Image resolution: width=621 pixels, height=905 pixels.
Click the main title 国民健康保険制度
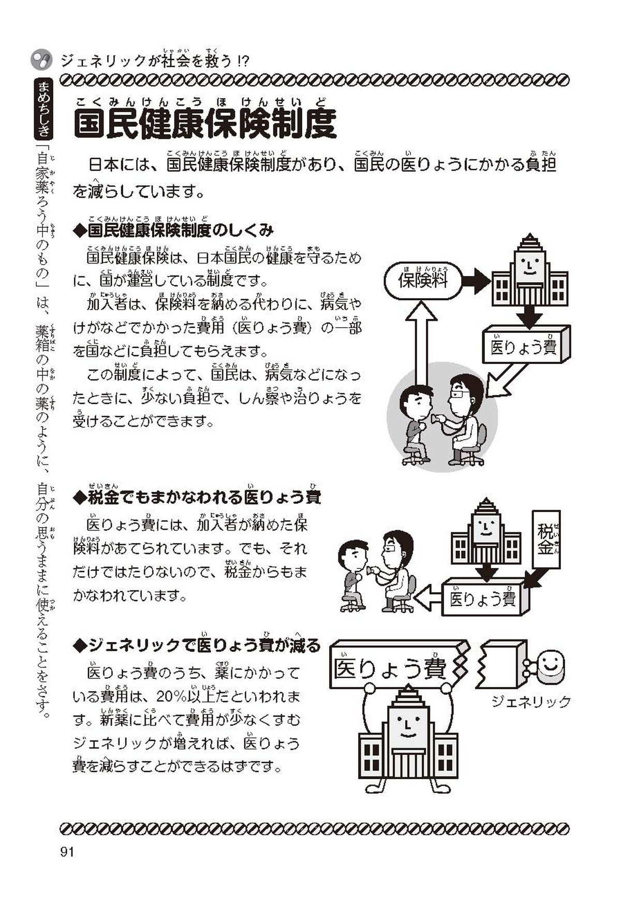[x=205, y=124]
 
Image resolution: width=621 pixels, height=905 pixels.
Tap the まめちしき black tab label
[x=44, y=109]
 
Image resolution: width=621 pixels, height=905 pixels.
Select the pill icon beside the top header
[x=41, y=60]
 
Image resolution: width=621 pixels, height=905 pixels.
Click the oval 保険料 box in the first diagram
[x=423, y=281]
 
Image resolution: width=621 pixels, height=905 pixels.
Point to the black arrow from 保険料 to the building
[x=476, y=281]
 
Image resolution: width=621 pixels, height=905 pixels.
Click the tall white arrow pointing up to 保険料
[x=423, y=342]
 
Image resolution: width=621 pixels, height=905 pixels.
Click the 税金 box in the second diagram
[x=546, y=539]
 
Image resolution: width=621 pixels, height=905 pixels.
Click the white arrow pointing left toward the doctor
[x=428, y=598]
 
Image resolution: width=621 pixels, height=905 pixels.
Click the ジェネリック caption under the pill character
[x=530, y=702]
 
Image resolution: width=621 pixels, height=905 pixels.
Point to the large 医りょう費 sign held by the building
[x=391, y=668]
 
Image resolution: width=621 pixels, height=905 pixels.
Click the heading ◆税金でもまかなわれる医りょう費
[x=197, y=498]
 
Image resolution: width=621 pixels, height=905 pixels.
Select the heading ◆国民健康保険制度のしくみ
[x=173, y=230]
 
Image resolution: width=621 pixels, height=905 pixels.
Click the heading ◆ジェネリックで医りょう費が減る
[x=197, y=645]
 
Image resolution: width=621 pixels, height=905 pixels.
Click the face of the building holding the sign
[x=408, y=723]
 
